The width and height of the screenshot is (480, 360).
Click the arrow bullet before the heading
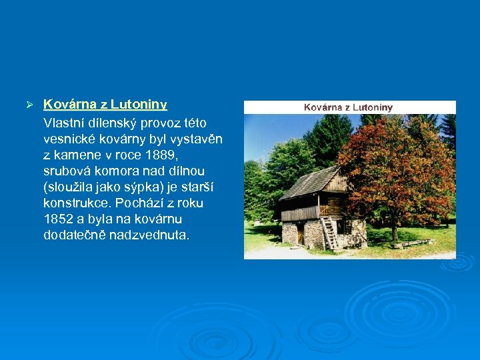click(29, 106)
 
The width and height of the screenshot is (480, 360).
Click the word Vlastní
click(63, 123)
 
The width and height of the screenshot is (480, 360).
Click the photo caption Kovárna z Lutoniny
click(348, 107)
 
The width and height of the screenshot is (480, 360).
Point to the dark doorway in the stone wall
click(301, 234)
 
